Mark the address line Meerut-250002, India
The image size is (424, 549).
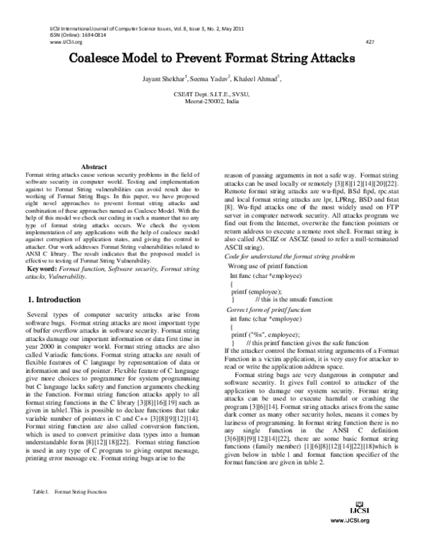(211, 100)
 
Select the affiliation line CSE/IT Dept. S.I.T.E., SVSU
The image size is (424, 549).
(211, 93)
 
